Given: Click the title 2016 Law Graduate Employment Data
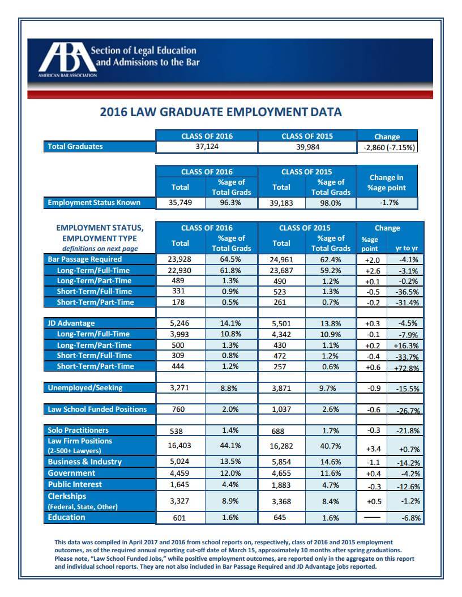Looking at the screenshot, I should pos(221,112).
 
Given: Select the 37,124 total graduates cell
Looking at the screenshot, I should pos(206,147).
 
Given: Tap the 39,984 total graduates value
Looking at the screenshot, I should pos(307,147).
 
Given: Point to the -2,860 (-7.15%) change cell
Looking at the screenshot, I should pos(387,147).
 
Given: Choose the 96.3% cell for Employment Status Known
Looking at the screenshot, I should pos(231,202).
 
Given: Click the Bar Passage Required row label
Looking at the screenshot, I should pos(84,259).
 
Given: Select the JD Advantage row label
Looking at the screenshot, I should pos(71,323).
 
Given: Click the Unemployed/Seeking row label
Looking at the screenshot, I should pos(85,388).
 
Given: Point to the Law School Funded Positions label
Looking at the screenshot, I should pos(97,409).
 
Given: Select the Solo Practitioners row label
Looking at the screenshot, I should pos(78,430).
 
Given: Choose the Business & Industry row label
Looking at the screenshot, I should pos(84,462).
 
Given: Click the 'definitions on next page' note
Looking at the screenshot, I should pos(100,249).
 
